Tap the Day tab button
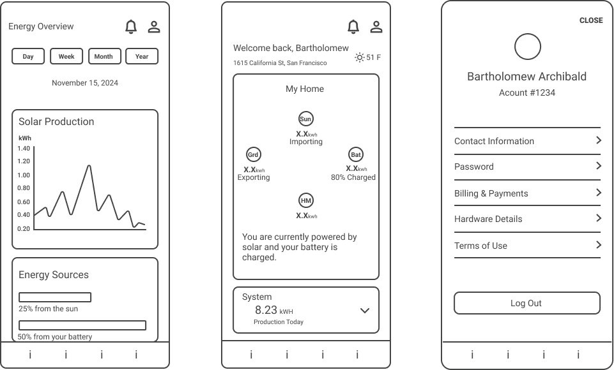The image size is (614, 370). [x=28, y=56]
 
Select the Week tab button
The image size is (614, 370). [x=66, y=56]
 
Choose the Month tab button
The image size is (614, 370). [x=104, y=56]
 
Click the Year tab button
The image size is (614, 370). [x=142, y=56]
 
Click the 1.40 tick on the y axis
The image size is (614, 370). [x=24, y=148]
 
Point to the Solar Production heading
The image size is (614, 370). [x=56, y=122]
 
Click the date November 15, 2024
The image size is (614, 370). [x=85, y=83]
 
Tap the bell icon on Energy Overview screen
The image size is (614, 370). [x=131, y=27]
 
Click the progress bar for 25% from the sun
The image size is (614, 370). [x=55, y=297]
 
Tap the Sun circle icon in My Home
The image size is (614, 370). [x=306, y=119]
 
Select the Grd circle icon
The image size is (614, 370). [x=254, y=154]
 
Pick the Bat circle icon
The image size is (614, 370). [x=355, y=154]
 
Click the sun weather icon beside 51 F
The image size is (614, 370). [x=360, y=57]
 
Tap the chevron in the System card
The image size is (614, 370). [x=365, y=311]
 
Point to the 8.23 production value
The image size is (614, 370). [x=266, y=310]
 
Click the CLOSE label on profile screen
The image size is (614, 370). [x=591, y=20]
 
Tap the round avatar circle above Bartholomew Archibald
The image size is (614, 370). [x=528, y=47]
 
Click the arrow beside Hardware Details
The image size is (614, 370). [x=598, y=218]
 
